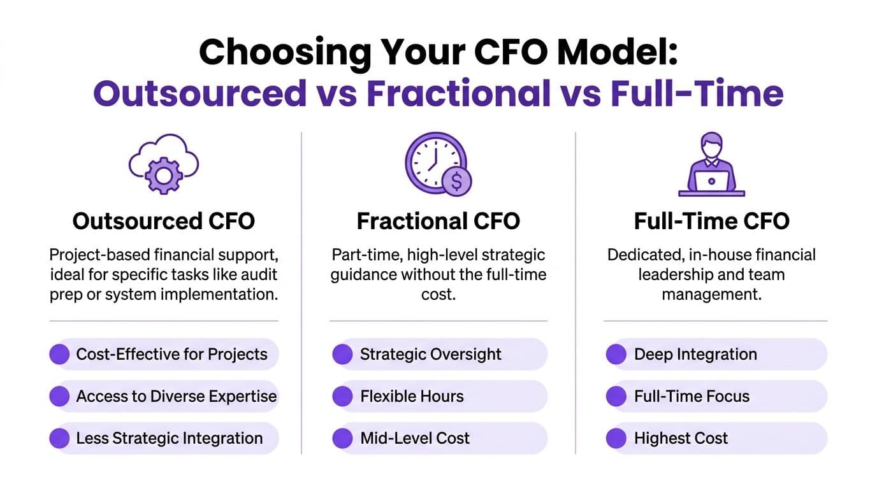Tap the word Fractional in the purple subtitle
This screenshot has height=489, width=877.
(458, 93)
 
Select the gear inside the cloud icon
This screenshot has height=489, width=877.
(164, 176)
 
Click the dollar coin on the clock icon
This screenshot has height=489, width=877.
(456, 181)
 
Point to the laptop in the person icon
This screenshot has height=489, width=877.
(712, 181)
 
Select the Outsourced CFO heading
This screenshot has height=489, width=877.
(164, 221)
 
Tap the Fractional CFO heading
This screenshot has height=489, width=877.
(438, 221)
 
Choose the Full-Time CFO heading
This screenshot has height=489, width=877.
(711, 221)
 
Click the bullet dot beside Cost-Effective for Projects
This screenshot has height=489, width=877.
(59, 354)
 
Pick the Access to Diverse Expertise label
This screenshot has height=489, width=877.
(176, 396)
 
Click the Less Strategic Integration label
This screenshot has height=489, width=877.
(169, 438)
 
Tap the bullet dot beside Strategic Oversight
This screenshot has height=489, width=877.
(343, 354)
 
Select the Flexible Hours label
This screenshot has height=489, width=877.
(412, 396)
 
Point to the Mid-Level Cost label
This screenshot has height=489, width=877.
(415, 438)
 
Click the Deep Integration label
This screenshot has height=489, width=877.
(695, 355)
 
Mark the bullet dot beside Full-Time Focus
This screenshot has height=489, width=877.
(616, 396)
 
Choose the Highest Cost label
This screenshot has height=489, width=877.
(681, 438)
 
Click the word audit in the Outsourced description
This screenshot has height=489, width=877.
(259, 274)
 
